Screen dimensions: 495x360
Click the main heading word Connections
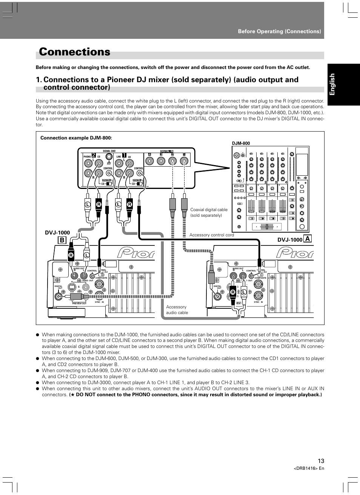point(75,52)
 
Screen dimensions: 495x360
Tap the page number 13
point(321,461)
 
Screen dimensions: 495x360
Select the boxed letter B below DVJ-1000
point(62,240)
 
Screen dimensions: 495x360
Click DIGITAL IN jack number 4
point(150,161)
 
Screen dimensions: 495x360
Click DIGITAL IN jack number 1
point(184,161)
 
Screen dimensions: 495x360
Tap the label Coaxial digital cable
point(209,210)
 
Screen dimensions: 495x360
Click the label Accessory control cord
point(211,235)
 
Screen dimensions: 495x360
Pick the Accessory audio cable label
point(177,310)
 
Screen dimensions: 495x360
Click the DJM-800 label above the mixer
point(241,143)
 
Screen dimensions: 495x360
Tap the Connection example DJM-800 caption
point(76,138)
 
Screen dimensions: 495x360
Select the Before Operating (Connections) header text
point(279,31)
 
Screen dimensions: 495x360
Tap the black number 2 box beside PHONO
point(94,154)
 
